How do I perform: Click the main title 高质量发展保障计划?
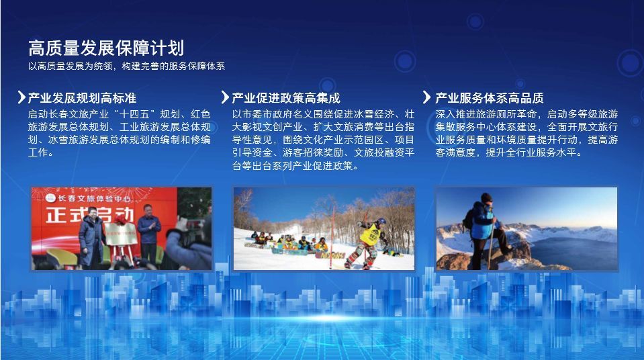[106, 48]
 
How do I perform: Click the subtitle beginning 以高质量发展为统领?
[126, 66]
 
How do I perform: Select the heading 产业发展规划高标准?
[82, 98]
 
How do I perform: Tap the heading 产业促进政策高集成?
[286, 98]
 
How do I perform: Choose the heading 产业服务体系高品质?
[490, 98]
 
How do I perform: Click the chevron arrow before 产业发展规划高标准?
[21, 97]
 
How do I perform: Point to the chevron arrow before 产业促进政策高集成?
[225, 97]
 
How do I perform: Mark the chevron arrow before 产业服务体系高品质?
[427, 97]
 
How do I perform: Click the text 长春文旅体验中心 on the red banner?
[94, 199]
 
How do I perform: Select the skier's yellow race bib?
[369, 234]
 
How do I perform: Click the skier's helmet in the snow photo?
[381, 221]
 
